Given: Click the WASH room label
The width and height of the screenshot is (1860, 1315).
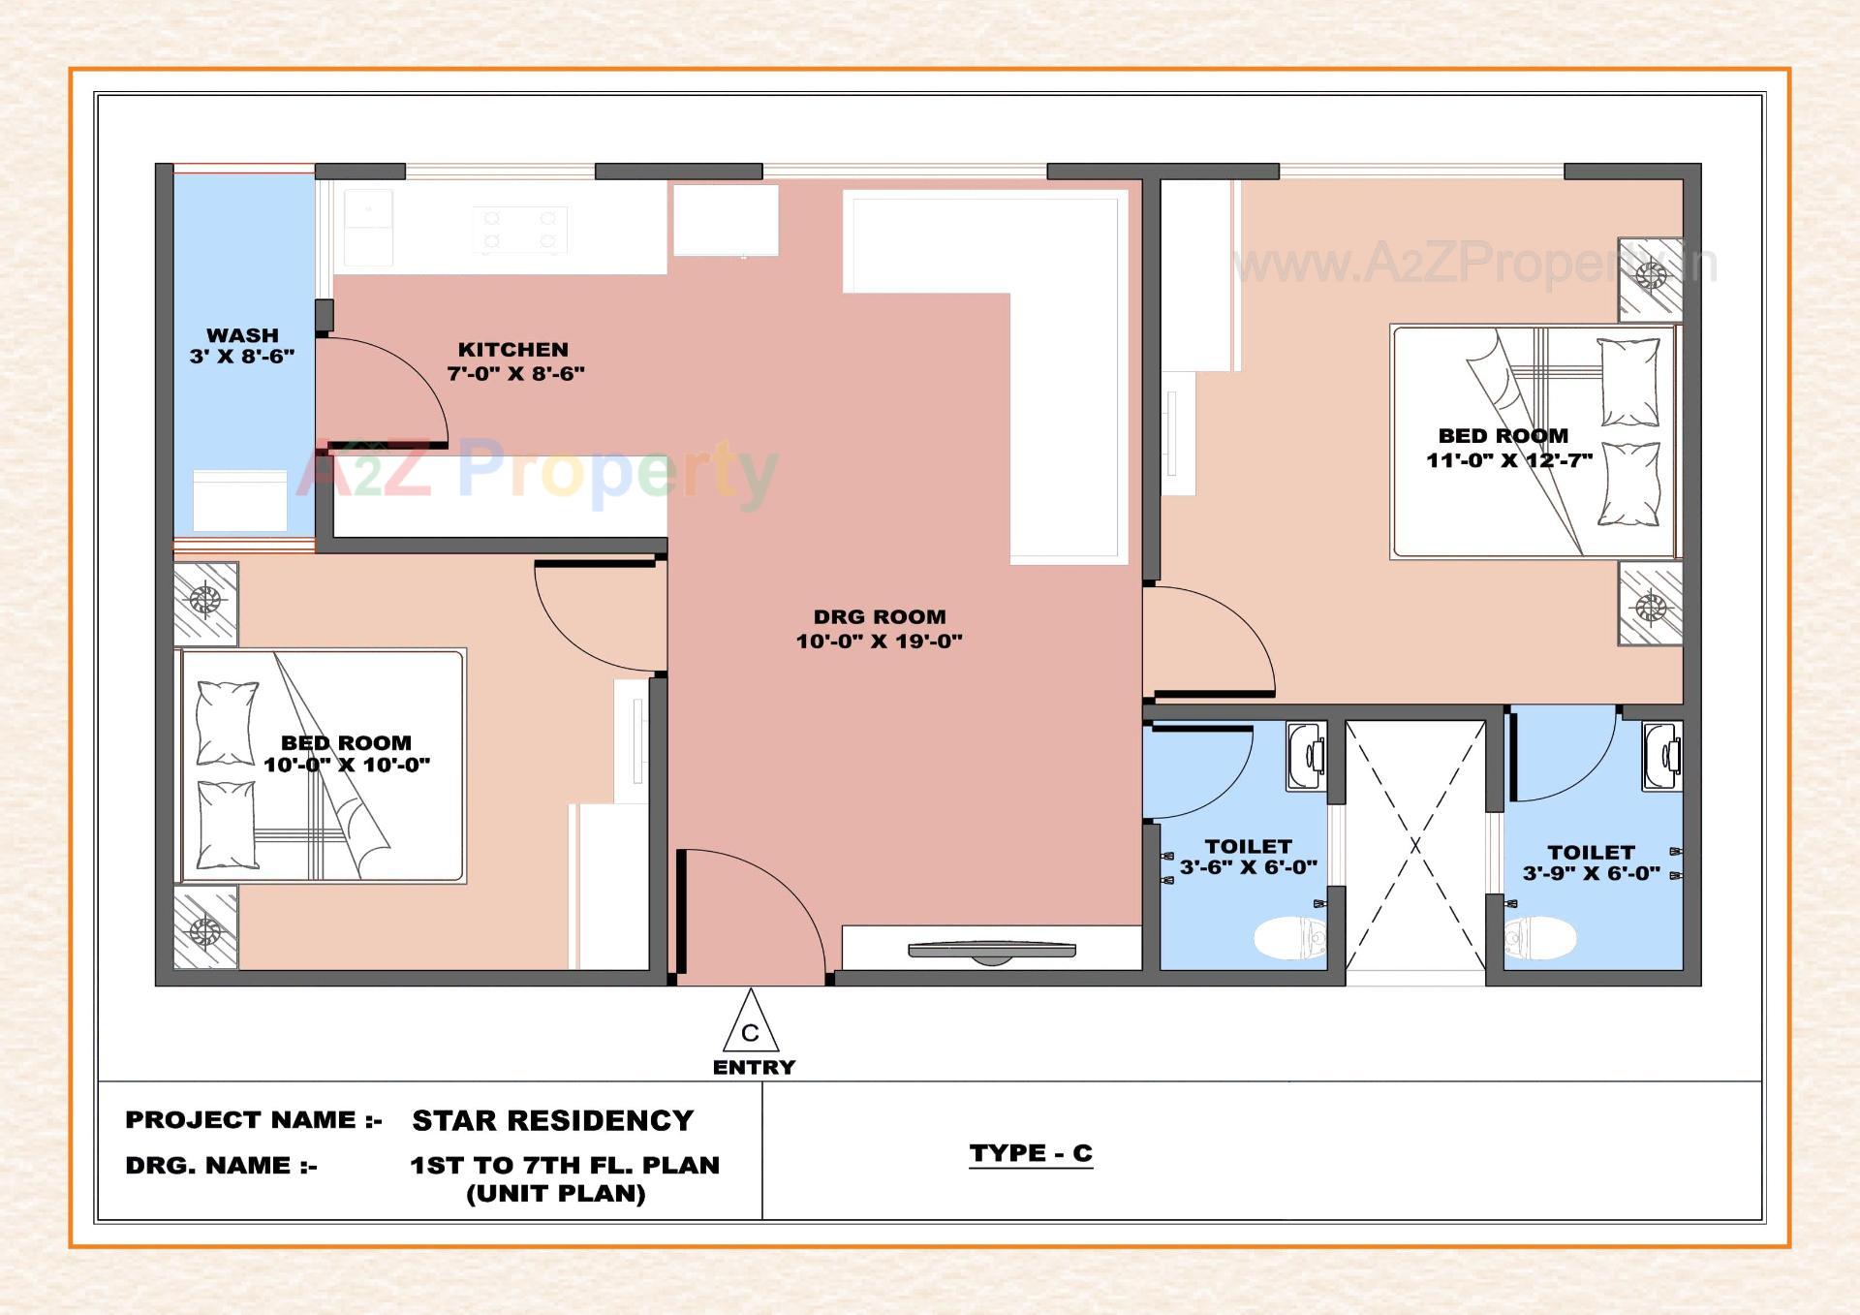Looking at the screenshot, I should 242,335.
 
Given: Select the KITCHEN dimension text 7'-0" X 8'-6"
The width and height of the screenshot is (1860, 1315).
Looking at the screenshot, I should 516,373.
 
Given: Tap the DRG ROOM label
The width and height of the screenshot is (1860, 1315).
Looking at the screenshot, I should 880,617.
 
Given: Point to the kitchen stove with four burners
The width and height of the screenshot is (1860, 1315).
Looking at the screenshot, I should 520,230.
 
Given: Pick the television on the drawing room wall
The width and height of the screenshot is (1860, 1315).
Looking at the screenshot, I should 991,952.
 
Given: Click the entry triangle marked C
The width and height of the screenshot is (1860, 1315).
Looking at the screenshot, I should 751,1025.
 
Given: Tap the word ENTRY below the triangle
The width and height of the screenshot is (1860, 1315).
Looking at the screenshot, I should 754,1068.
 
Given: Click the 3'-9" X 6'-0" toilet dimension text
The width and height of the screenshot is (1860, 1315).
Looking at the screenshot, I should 1591,873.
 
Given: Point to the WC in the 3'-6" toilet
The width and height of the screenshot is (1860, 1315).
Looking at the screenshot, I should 1289,938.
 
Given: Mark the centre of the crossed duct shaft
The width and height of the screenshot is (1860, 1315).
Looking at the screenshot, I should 1415,845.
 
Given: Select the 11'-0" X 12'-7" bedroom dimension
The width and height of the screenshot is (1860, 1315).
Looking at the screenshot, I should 1508,460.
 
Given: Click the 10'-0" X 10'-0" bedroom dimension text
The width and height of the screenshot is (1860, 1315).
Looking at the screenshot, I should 347,765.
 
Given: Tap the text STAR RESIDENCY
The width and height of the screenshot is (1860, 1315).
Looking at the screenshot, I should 553,1120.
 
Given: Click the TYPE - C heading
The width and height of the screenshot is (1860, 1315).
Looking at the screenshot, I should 1031,1153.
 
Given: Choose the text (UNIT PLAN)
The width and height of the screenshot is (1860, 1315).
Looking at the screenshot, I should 556,1194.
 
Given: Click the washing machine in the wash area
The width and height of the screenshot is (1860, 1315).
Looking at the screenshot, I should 239,500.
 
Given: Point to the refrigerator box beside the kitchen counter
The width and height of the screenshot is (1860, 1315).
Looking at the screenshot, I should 726,220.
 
